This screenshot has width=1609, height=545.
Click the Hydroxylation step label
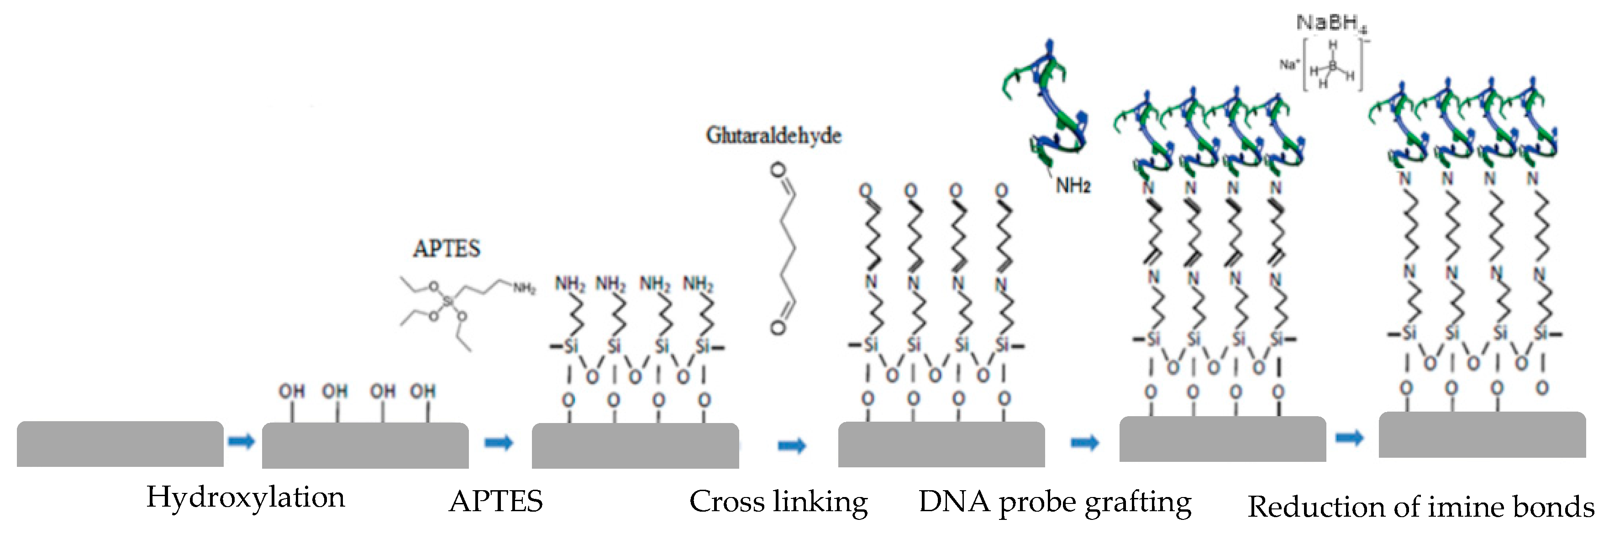pyautogui.click(x=246, y=498)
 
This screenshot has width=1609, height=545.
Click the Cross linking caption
pyautogui.click(x=778, y=502)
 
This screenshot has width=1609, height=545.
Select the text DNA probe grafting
pyautogui.click(x=1054, y=502)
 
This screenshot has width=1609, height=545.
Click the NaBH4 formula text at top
pyautogui.click(x=1331, y=23)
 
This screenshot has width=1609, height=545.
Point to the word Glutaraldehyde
pyautogui.click(x=773, y=136)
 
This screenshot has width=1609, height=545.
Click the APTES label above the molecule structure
pyautogui.click(x=447, y=249)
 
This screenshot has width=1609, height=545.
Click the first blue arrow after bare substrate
pyautogui.click(x=241, y=442)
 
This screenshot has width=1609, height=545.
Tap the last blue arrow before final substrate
pyautogui.click(x=1349, y=438)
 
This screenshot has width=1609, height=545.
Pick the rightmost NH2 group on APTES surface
pyautogui.click(x=698, y=284)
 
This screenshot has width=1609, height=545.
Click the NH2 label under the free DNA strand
pyautogui.click(x=1073, y=185)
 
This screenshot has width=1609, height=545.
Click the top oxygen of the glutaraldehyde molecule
pyautogui.click(x=778, y=169)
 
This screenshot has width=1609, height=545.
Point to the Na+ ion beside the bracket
pyautogui.click(x=1288, y=64)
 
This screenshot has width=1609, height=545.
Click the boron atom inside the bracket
pyautogui.click(x=1332, y=65)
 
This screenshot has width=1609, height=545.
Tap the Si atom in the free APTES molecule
pyautogui.click(x=447, y=302)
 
